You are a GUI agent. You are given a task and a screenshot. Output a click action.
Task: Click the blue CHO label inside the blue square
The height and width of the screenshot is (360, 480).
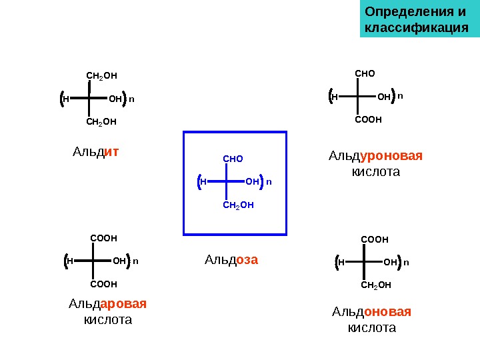pyautogui.click(x=233, y=159)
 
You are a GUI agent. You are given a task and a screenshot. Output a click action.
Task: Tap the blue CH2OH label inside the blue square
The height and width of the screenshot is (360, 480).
pyautogui.click(x=238, y=205)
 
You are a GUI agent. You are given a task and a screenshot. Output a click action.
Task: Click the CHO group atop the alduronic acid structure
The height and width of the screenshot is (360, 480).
pyautogui.click(x=365, y=73)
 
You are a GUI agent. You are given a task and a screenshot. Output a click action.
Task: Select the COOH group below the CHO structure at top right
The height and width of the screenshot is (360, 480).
pyautogui.click(x=368, y=121)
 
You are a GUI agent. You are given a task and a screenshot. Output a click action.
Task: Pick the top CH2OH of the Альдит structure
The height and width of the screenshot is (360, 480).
pyautogui.click(x=101, y=77)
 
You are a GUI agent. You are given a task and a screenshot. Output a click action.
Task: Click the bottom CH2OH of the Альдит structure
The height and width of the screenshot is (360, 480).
pyautogui.click(x=101, y=122)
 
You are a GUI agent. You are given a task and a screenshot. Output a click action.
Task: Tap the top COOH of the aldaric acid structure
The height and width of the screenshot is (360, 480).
pyautogui.click(x=103, y=237)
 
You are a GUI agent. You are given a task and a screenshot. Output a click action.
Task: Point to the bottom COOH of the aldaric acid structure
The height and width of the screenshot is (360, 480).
pyautogui.click(x=103, y=284)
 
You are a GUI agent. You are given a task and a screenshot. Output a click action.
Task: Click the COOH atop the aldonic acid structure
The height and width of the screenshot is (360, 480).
pyautogui.click(x=374, y=239)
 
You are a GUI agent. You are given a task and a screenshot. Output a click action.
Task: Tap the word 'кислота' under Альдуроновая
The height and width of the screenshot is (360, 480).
pyautogui.click(x=375, y=172)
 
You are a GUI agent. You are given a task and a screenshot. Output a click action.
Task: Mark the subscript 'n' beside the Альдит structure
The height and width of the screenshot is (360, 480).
pyautogui.click(x=131, y=99)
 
